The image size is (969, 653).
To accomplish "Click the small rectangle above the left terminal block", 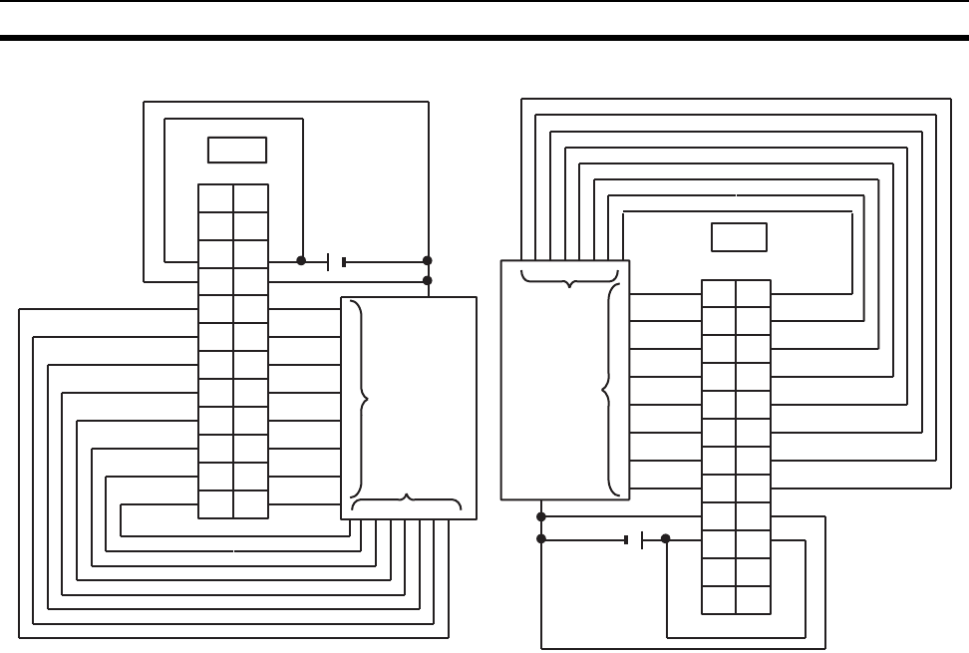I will click(x=237, y=150).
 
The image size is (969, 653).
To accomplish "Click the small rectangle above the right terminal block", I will click(x=739, y=237).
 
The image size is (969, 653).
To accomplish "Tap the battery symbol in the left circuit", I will click(x=336, y=262).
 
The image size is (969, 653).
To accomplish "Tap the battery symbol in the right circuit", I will click(x=634, y=539).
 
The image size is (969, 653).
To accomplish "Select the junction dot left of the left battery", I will click(x=301, y=262).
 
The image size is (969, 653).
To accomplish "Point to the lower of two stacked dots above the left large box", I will click(x=428, y=280).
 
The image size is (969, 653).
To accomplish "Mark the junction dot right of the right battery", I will click(x=666, y=539).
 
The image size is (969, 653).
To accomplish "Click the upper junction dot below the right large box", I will click(x=541, y=516).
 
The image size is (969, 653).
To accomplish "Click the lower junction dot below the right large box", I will click(x=541, y=539).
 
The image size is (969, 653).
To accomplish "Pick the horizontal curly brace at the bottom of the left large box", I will click(x=407, y=501).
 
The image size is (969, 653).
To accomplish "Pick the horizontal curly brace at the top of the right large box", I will click(x=569, y=276).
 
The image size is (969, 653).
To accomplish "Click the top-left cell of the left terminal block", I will click(x=215, y=197).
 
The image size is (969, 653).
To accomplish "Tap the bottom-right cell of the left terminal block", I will click(x=250, y=504).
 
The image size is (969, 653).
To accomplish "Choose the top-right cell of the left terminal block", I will click(x=250, y=197).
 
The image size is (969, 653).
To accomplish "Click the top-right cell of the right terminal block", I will click(x=754, y=293).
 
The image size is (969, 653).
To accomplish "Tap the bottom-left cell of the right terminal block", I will click(x=719, y=600).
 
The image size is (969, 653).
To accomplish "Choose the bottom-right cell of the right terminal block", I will click(x=754, y=600).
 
